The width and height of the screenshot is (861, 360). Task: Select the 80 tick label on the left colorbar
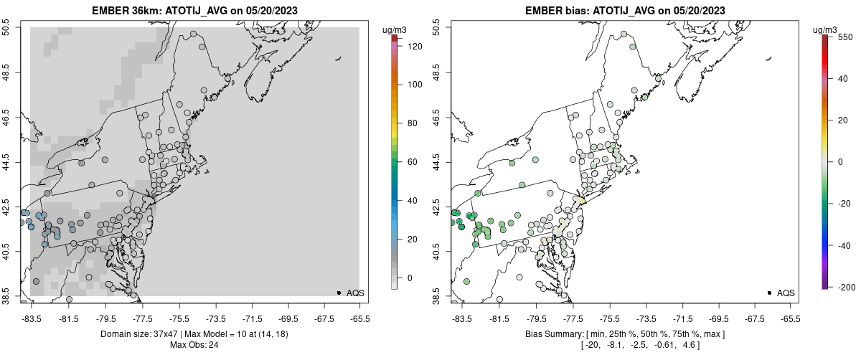point(412,123)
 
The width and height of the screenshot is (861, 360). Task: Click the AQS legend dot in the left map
point(338,293)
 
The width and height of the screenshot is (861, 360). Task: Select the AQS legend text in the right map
point(786,293)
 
